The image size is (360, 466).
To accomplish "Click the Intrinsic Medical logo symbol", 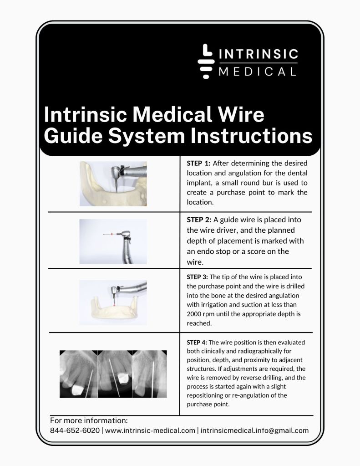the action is pyautogui.click(x=206, y=61).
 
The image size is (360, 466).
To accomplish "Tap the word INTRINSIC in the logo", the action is pyautogui.click(x=259, y=54).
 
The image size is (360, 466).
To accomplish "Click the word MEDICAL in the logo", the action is pyautogui.click(x=258, y=72).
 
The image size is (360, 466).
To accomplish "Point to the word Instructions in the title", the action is pyautogui.click(x=251, y=136).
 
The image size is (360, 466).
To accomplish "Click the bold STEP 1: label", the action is pyautogui.click(x=198, y=163).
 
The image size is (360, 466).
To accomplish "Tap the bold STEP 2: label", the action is pyautogui.click(x=199, y=220).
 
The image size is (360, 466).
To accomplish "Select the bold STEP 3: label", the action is pyautogui.click(x=197, y=277).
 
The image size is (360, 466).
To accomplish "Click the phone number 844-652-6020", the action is pyautogui.click(x=75, y=430).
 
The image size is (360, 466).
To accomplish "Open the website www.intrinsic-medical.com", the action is pyautogui.click(x=150, y=430).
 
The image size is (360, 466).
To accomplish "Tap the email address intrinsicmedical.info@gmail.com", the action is pyautogui.click(x=254, y=430).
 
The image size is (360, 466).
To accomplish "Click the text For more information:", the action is pyautogui.click(x=89, y=420).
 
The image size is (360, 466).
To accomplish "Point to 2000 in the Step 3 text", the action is pyautogui.click(x=194, y=314).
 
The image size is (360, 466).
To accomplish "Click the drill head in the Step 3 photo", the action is pyautogui.click(x=114, y=290).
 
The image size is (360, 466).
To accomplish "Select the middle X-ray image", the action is pyautogui.click(x=115, y=374).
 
